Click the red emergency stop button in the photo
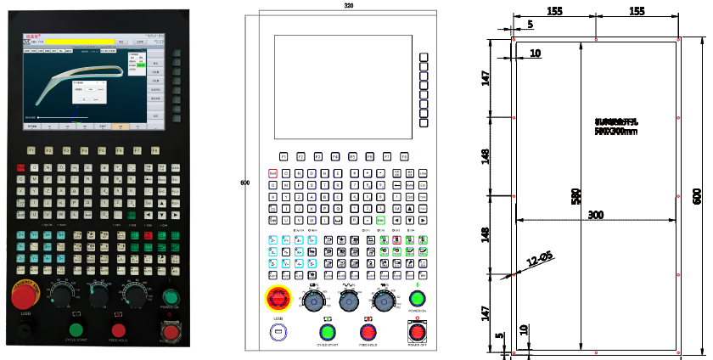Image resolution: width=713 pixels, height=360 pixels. (x=25, y=297)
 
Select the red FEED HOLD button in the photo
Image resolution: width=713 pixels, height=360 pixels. (x=118, y=331)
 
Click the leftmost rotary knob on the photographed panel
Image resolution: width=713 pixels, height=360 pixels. (x=62, y=295)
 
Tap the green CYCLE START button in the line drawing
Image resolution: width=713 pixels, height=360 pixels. (x=327, y=332)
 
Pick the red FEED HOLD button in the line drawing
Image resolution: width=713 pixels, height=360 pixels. (x=368, y=332)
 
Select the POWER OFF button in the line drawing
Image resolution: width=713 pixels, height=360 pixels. (x=417, y=331)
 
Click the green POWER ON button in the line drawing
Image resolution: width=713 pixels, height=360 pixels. (x=417, y=299)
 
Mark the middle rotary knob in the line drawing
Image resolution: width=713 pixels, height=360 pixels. (x=348, y=301)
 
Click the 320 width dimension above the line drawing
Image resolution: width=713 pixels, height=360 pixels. (x=348, y=5)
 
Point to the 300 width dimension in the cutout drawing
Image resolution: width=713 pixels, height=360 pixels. (x=596, y=215)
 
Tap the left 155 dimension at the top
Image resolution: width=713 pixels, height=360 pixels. (x=554, y=11)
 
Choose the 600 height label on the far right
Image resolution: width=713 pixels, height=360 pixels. (x=698, y=196)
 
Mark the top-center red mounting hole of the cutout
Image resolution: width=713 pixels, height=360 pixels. (x=596, y=39)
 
